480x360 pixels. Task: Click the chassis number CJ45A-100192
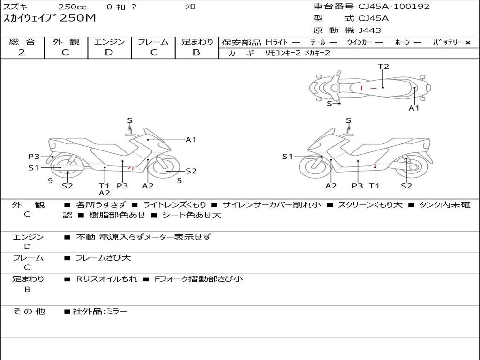pos(394,7)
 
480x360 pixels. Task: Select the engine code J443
pos(369,30)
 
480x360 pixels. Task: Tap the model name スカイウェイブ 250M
pos(49,18)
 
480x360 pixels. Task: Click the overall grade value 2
pos(22,52)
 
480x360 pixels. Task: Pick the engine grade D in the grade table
pos(109,52)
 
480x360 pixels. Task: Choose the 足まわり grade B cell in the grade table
pos(196,52)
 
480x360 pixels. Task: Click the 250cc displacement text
pos(73,7)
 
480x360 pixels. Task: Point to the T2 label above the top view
pos(383,67)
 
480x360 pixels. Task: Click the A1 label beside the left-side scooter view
pos(191,140)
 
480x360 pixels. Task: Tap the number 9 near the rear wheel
pos(51,181)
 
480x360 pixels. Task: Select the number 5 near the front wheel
pos(180,181)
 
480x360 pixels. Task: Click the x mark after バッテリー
pos(468,43)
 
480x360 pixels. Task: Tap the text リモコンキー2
pos(283,53)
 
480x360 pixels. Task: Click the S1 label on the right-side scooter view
pos(287,157)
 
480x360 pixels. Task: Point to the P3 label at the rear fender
pos(34,157)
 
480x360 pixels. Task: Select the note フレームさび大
pos(103,258)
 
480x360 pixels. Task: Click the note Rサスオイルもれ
pos(106,279)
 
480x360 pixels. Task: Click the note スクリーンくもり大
pos(370,205)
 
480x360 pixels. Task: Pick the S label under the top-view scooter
pos(330,104)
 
